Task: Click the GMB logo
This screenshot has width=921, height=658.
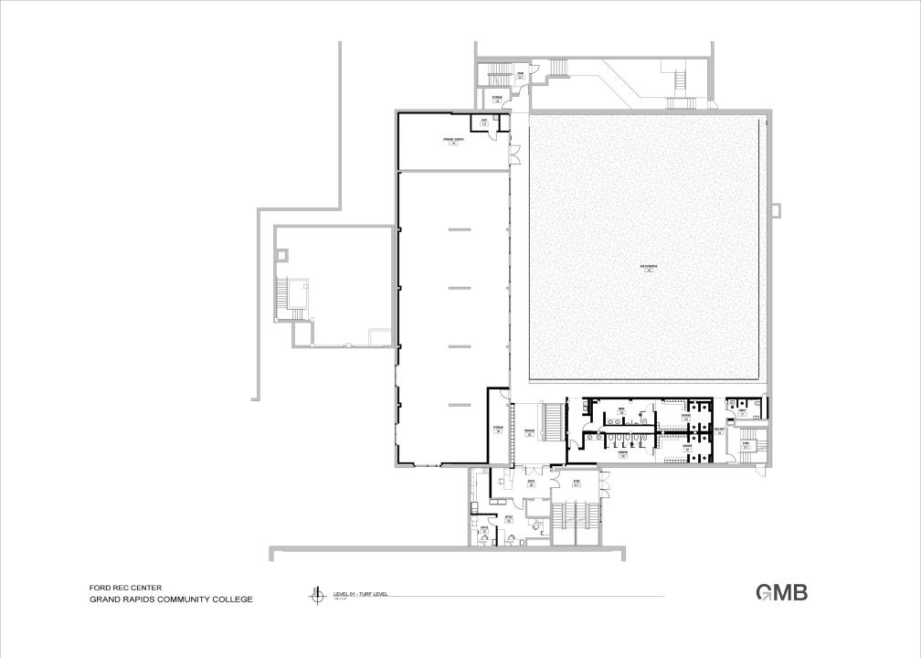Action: pos(781,592)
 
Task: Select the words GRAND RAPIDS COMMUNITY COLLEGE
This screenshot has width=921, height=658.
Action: pos(170,600)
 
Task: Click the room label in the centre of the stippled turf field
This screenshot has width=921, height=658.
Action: pos(651,268)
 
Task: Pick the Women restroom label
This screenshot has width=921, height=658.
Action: pos(621,452)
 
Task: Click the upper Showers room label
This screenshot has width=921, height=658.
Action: pos(685,417)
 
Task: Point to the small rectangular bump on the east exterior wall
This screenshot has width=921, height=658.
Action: pos(777,210)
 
